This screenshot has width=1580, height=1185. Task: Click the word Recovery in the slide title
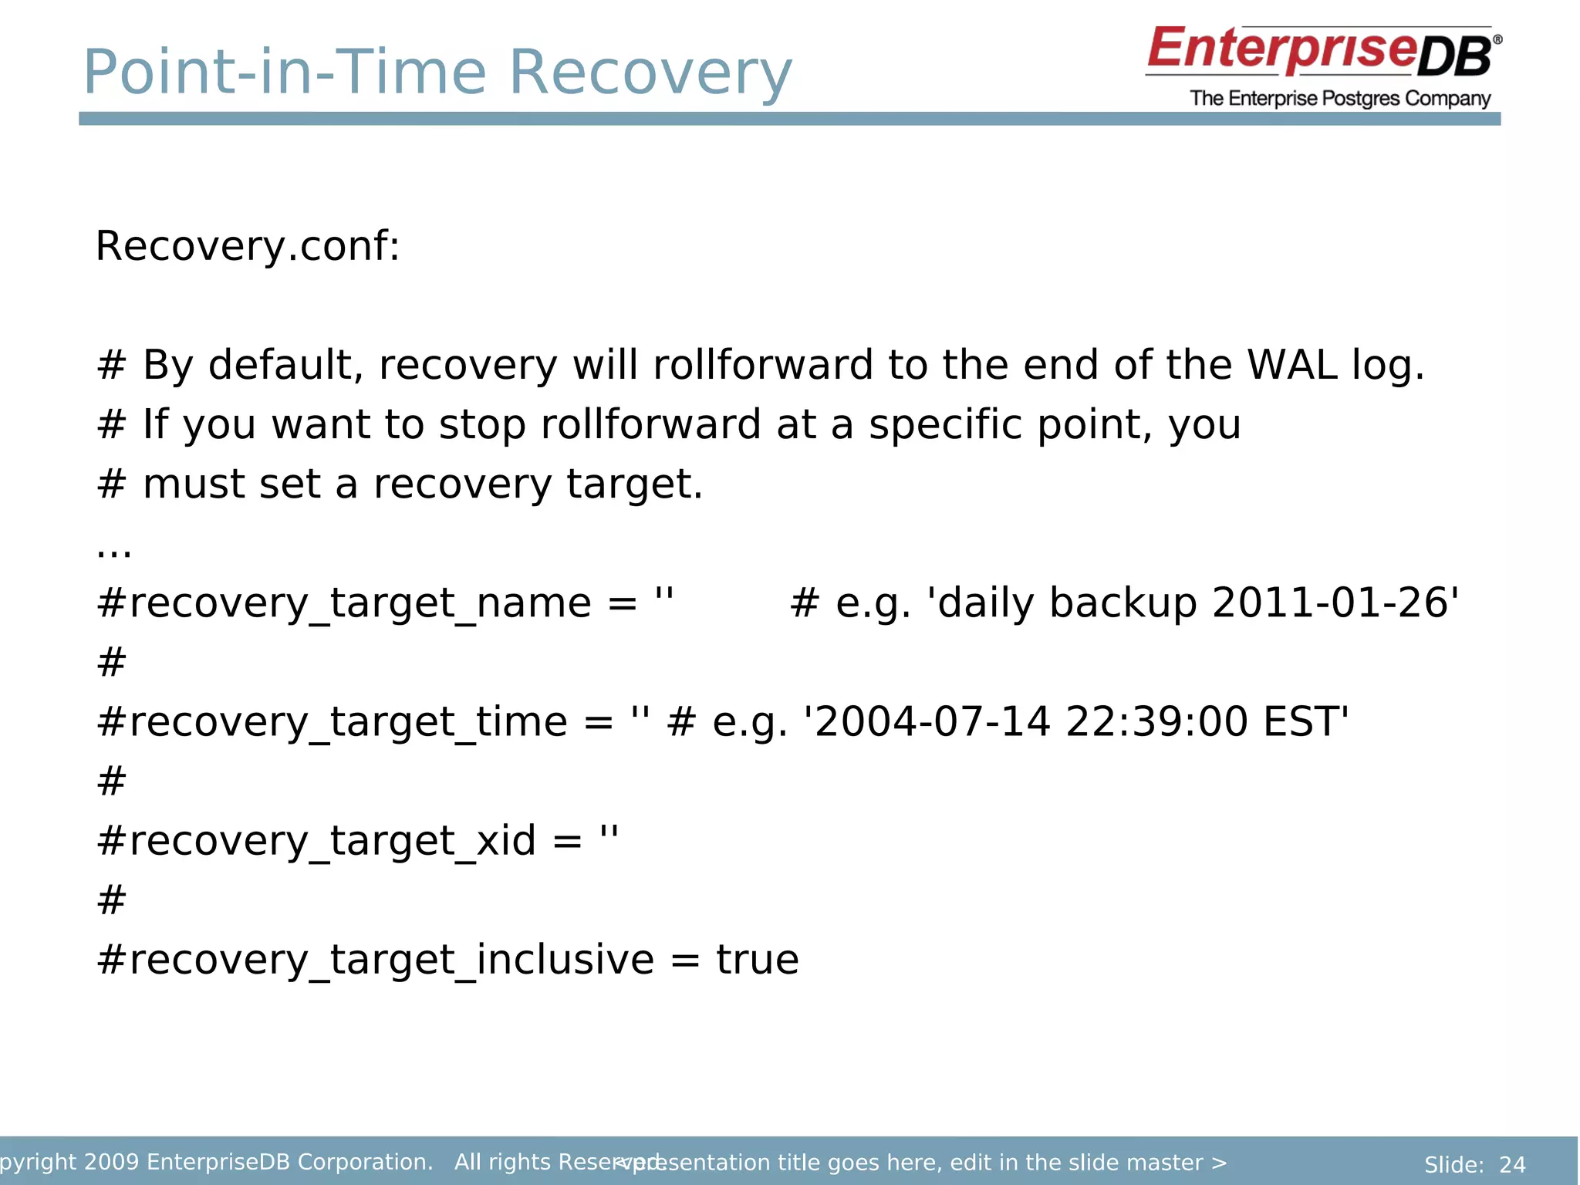[650, 73]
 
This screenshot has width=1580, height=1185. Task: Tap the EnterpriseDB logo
[1322, 52]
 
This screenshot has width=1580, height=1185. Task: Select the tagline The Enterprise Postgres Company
[1340, 99]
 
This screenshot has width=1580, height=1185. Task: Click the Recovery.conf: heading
[248, 247]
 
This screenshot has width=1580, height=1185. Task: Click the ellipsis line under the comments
[113, 550]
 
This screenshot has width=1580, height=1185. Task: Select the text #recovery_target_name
[344, 603]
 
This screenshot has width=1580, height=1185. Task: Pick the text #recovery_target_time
[332, 723]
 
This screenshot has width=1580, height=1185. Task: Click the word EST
[1304, 723]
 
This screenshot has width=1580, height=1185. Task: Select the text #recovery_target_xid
[316, 841]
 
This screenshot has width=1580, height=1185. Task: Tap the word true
[757, 960]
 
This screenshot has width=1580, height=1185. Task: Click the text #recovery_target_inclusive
[375, 960]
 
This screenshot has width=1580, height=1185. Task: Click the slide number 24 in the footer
[1511, 1164]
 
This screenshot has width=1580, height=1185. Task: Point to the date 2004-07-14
[932, 723]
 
